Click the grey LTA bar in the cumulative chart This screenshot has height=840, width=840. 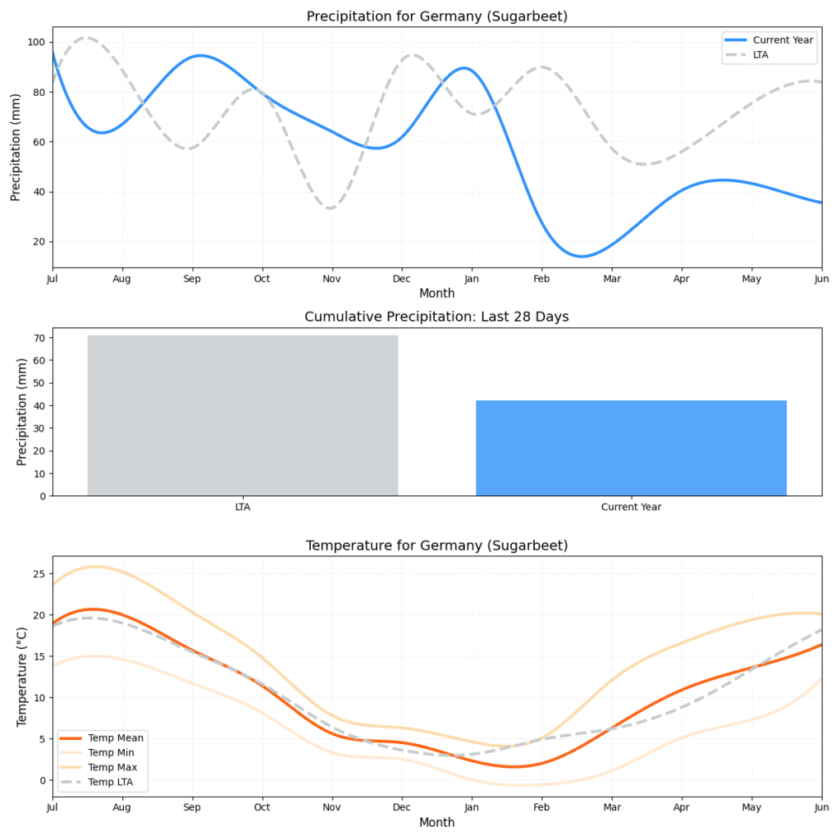[242, 415]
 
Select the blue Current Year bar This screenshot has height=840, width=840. [631, 448]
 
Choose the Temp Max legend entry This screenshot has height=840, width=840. [112, 767]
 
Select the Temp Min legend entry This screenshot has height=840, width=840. [112, 752]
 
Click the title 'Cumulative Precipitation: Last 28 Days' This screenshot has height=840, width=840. [436, 317]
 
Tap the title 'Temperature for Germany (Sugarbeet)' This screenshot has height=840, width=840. [436, 546]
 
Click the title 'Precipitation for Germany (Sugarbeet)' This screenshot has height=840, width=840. [436, 16]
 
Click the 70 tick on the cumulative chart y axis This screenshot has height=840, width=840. [40, 337]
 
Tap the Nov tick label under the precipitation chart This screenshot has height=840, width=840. [331, 280]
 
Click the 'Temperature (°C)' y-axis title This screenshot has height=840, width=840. [22, 676]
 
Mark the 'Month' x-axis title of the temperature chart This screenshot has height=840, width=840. [436, 822]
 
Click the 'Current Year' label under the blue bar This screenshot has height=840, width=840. [631, 507]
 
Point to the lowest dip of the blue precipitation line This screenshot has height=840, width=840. [581, 256]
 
